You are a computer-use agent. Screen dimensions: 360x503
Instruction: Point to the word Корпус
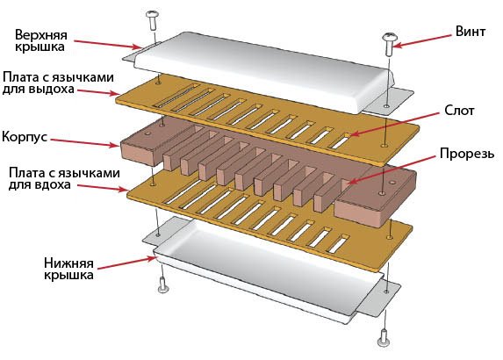(29, 138)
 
